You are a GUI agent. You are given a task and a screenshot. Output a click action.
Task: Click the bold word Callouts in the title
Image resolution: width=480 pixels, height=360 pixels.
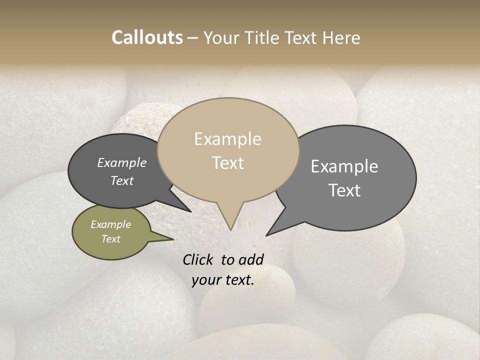pyautogui.click(x=147, y=37)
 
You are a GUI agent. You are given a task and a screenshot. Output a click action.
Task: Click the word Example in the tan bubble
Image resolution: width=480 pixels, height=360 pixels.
pyautogui.click(x=227, y=139)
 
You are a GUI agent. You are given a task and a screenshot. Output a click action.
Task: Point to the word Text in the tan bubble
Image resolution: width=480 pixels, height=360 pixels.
pyautogui.click(x=228, y=163)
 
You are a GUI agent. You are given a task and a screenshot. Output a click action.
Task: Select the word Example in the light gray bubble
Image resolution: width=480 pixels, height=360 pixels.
pyautogui.click(x=344, y=166)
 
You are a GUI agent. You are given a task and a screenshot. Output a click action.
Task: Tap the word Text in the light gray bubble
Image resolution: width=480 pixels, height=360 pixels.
pyautogui.click(x=344, y=190)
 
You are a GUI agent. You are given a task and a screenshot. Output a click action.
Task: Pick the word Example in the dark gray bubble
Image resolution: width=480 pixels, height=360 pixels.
pyautogui.click(x=122, y=162)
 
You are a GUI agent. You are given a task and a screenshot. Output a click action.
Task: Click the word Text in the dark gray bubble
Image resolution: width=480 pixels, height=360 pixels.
pyautogui.click(x=122, y=180)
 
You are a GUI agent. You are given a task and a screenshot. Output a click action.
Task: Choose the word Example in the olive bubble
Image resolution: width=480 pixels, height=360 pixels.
pyautogui.click(x=110, y=224)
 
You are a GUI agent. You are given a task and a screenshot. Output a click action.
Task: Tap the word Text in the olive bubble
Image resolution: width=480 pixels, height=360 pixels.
pyautogui.click(x=111, y=239)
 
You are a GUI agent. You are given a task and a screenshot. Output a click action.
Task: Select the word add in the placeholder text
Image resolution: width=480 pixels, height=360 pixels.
pyautogui.click(x=251, y=259)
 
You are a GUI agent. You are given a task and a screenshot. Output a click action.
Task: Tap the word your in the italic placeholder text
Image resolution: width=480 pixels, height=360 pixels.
pyautogui.click(x=205, y=280)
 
